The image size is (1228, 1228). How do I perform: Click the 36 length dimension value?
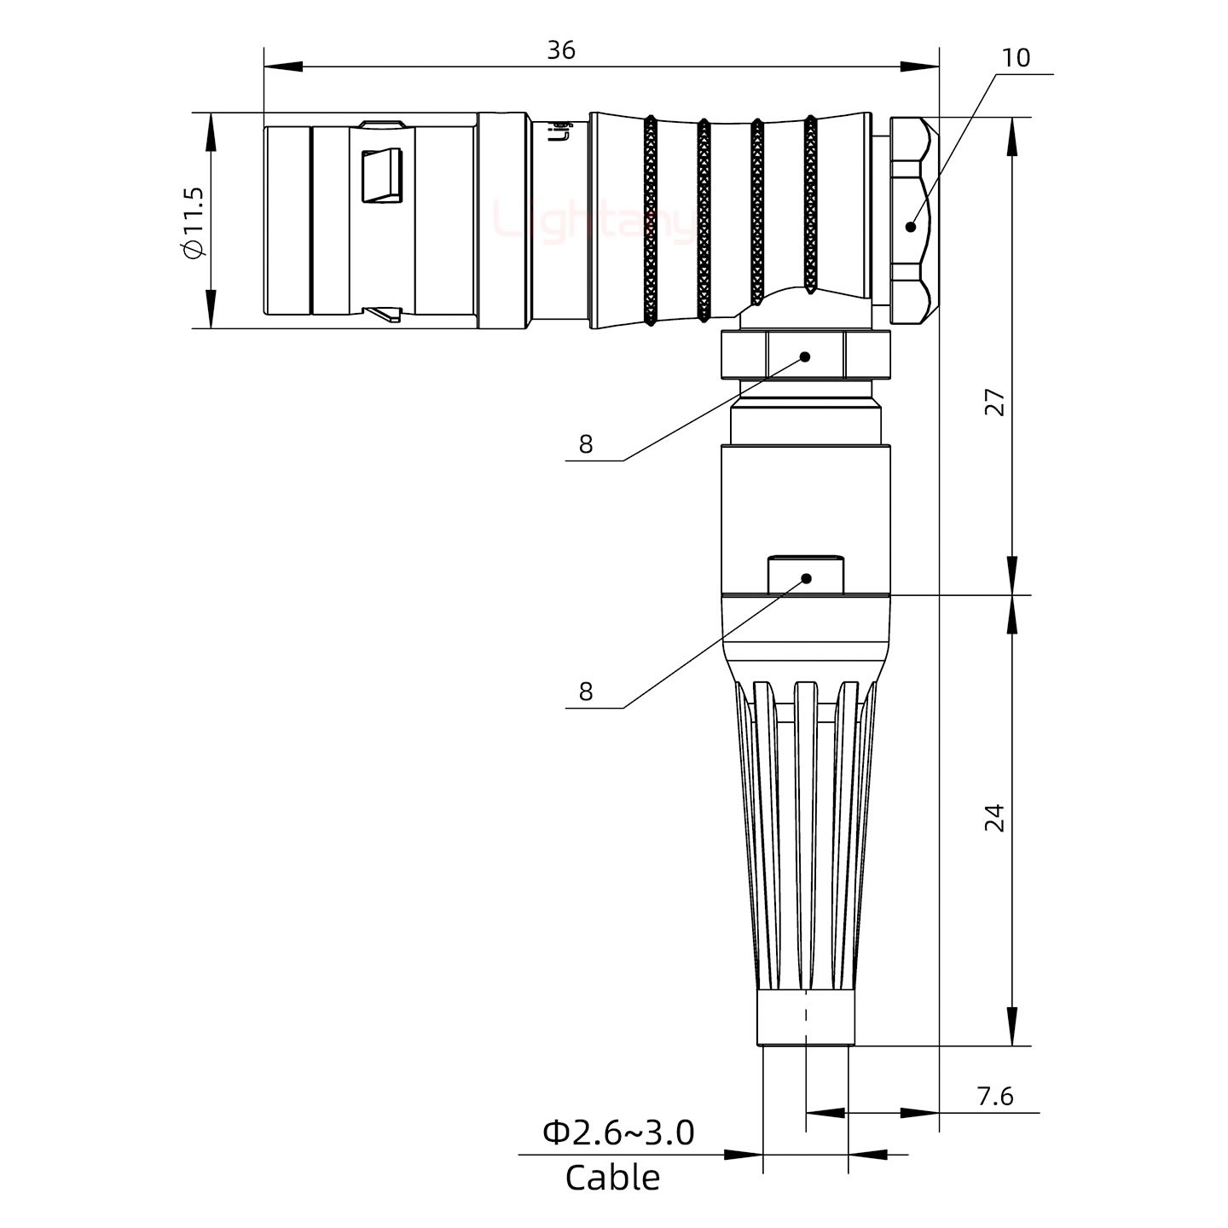tap(560, 50)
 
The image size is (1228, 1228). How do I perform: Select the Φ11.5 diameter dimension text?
tap(193, 222)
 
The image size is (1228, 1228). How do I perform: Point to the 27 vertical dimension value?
tap(994, 402)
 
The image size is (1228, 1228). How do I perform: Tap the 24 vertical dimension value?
tap(994, 817)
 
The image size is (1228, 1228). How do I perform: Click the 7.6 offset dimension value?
tap(994, 1096)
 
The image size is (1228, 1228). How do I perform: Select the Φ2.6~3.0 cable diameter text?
tap(618, 1132)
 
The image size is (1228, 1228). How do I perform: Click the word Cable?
tap(612, 1178)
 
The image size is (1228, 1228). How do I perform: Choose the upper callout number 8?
tap(585, 444)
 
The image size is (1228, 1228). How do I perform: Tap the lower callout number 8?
tap(585, 691)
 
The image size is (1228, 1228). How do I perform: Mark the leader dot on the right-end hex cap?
tap(911, 226)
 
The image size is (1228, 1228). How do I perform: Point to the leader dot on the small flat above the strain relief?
tap(806, 579)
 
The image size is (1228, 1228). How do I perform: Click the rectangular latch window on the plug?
tap(382, 177)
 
